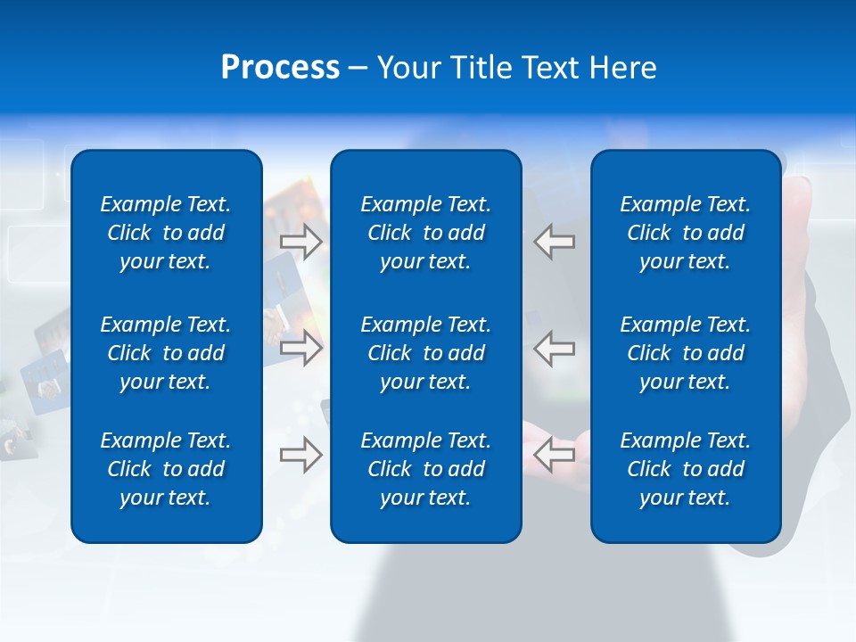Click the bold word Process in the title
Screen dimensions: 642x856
coord(280,68)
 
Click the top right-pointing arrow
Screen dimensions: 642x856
coord(301,242)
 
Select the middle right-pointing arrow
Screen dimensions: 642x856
coord(301,348)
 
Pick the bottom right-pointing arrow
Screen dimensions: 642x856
coord(301,455)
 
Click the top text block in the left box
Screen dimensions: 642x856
coord(166,233)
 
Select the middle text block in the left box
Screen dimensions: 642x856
coord(166,353)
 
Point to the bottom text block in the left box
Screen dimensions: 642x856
coord(166,469)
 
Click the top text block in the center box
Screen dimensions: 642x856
coord(426,233)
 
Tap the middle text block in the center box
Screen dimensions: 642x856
coord(426,353)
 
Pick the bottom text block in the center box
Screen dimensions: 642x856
coord(426,469)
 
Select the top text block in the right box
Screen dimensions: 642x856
coord(686,233)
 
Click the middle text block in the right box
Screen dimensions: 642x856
coord(686,353)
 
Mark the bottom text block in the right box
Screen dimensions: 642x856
coord(686,469)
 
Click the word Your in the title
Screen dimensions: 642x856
coord(407,68)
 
